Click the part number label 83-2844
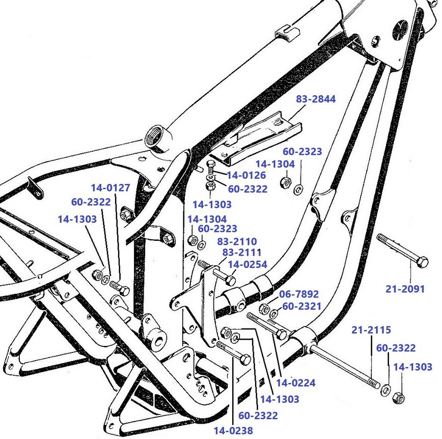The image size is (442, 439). (x=316, y=99)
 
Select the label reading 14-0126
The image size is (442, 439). (x=246, y=176)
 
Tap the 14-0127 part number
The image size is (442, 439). (x=110, y=188)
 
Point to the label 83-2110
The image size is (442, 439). (x=237, y=241)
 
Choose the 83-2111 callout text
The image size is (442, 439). (x=241, y=253)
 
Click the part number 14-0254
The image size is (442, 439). (x=247, y=264)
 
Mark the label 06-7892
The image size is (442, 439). (x=298, y=294)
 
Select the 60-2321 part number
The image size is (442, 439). (x=302, y=306)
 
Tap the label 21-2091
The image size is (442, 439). (x=405, y=289)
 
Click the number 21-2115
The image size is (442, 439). (x=371, y=330)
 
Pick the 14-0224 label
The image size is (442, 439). (x=295, y=383)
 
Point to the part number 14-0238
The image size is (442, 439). (x=233, y=431)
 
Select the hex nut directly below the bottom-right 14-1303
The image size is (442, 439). (x=400, y=397)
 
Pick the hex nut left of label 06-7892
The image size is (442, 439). (x=264, y=308)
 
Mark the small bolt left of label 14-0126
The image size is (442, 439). (x=211, y=166)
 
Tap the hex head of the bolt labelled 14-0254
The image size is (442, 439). (x=230, y=280)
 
